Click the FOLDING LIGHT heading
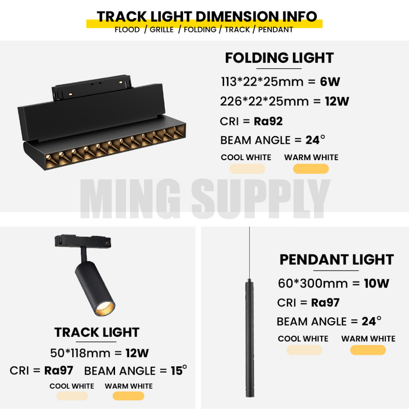pos(279,58)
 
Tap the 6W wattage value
pos(330,81)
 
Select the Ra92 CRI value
pos(268,121)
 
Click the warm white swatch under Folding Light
pos(311,169)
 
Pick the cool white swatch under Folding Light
pos(247,169)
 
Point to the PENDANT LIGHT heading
pos(336,260)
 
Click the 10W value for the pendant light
pos(377,283)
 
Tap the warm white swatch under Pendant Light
pos(368,350)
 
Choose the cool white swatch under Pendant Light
pos(304,350)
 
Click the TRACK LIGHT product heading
pos(97,332)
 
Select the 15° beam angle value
pos(179,370)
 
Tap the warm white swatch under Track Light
pos(128,396)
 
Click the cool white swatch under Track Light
pos(72,396)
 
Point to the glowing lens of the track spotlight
pos(105,309)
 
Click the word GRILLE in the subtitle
pos(161,30)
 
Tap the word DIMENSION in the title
pos(237,16)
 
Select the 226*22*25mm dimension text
pos(264,101)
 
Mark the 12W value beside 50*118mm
pos(137,353)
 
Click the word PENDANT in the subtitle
pos(276,30)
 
